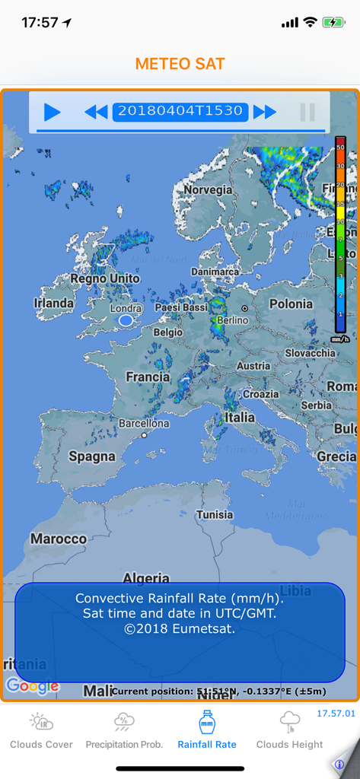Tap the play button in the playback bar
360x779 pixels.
coord(52,113)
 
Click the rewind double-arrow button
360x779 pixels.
coord(96,113)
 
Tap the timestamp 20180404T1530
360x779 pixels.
coord(180,111)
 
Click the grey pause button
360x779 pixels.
coord(307,113)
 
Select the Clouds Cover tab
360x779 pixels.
coord(41,730)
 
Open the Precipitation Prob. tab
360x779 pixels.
coord(124,730)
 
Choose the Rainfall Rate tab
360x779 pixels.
coord(207,730)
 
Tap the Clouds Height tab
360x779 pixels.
coord(289,730)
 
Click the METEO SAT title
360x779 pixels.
coord(180,64)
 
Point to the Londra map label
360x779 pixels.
coord(126,309)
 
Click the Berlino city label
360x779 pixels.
coord(232,320)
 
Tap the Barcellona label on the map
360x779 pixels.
coord(144,423)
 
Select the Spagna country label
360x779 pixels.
coord(92,457)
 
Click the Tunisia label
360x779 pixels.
coord(214,515)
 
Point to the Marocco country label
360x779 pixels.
coord(59,539)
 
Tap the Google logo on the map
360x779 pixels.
coord(32,686)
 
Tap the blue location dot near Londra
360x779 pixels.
coord(126,321)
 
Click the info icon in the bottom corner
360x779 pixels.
coord(340,764)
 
